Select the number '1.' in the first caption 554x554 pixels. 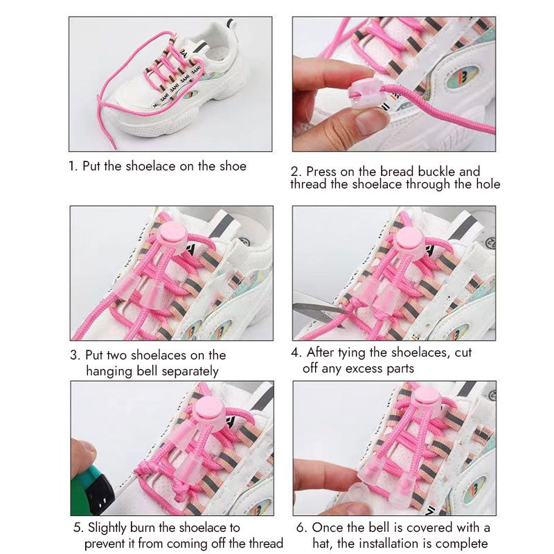pyautogui.click(x=73, y=166)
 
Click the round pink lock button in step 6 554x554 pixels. pyautogui.click(x=424, y=401)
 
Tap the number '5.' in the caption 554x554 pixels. pyautogui.click(x=78, y=528)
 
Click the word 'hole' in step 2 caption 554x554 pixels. pyautogui.click(x=485, y=184)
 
